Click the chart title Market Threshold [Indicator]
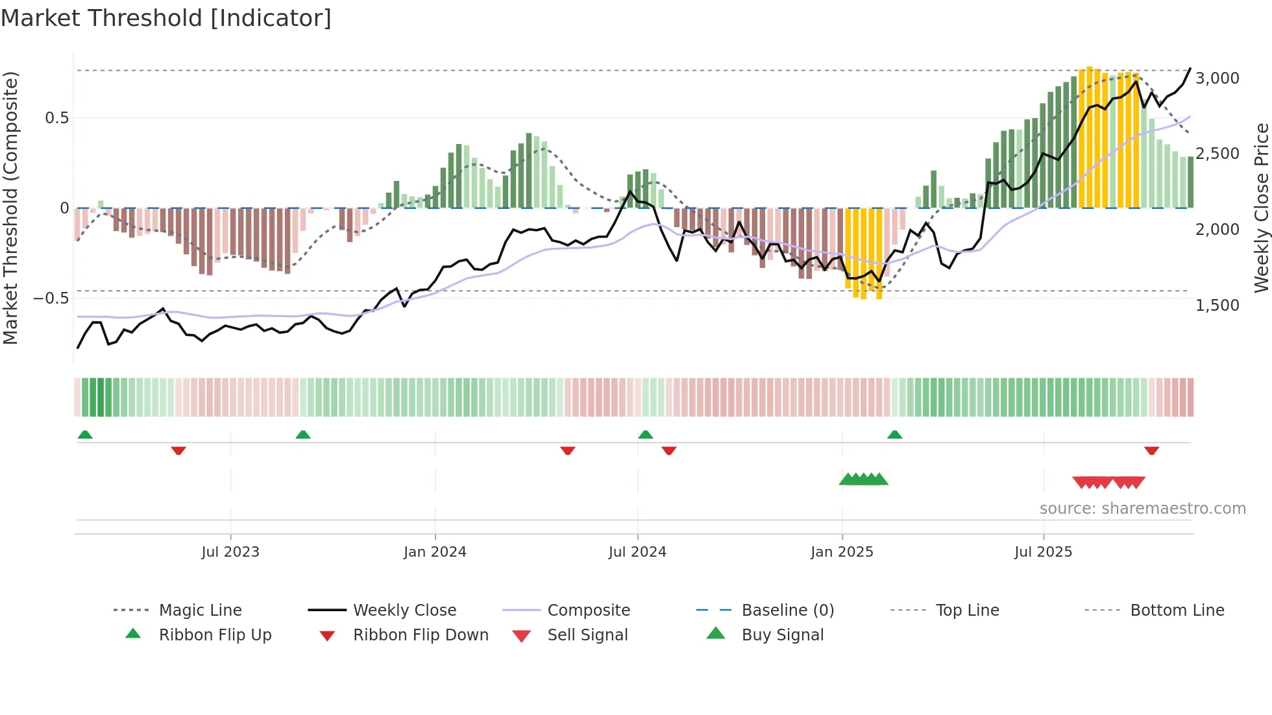click(166, 18)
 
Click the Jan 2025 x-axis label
click(842, 552)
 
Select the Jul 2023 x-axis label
click(230, 552)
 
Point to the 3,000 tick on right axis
click(1217, 79)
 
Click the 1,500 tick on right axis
click(1217, 305)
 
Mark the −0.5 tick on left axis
click(51, 298)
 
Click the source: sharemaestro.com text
click(1142, 509)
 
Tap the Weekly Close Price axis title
click(1261, 208)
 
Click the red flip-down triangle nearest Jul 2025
click(1151, 451)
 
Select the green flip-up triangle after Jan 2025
click(894, 435)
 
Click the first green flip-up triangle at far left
click(85, 435)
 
